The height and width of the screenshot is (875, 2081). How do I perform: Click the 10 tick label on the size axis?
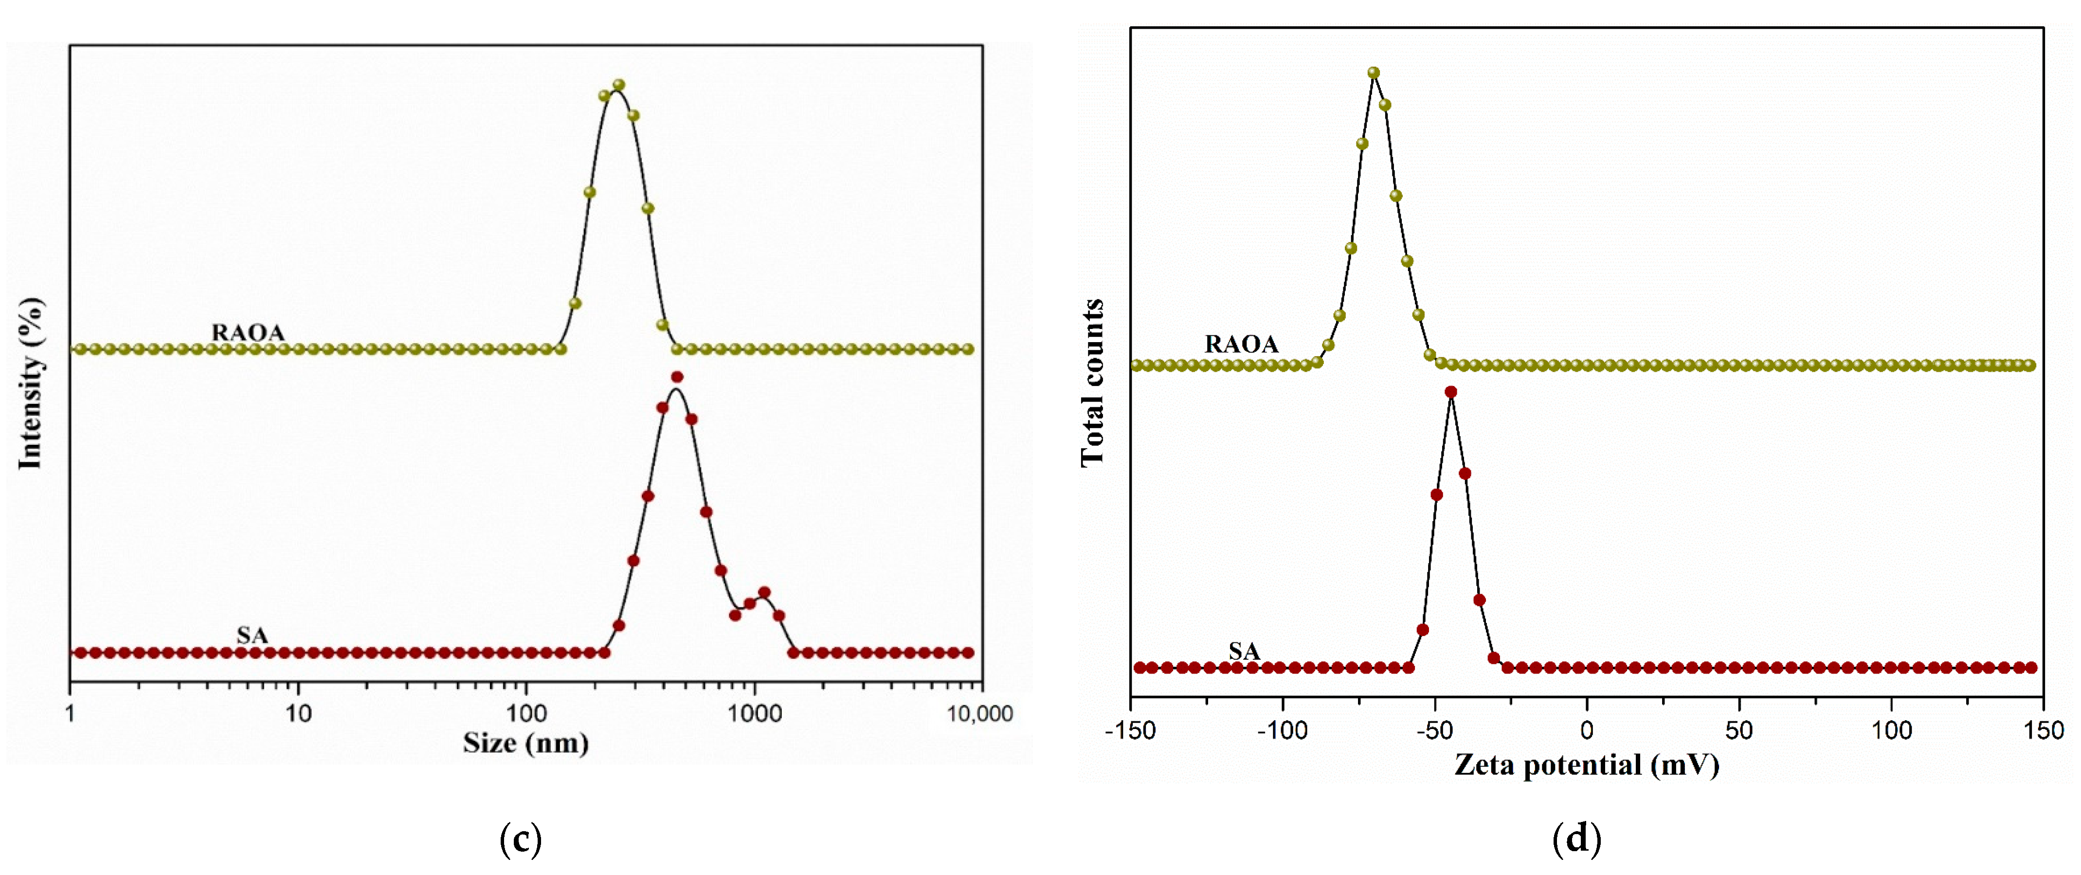pyautogui.click(x=298, y=713)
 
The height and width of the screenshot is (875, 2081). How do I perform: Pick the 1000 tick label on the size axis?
pyautogui.click(x=755, y=713)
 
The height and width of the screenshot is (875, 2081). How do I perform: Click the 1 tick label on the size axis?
pyautogui.click(x=71, y=713)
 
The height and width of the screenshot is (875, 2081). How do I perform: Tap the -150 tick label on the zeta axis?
pyautogui.click(x=1130, y=730)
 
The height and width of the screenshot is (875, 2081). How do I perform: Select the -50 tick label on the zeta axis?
pyautogui.click(x=1435, y=730)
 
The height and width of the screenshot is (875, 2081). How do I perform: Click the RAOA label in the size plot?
pyautogui.click(x=248, y=332)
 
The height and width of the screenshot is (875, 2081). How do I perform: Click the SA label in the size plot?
pyautogui.click(x=252, y=635)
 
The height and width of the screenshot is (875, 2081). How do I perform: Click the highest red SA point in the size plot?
pyautogui.click(x=677, y=377)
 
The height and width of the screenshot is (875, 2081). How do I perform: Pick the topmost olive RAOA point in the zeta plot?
pyautogui.click(x=1374, y=73)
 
